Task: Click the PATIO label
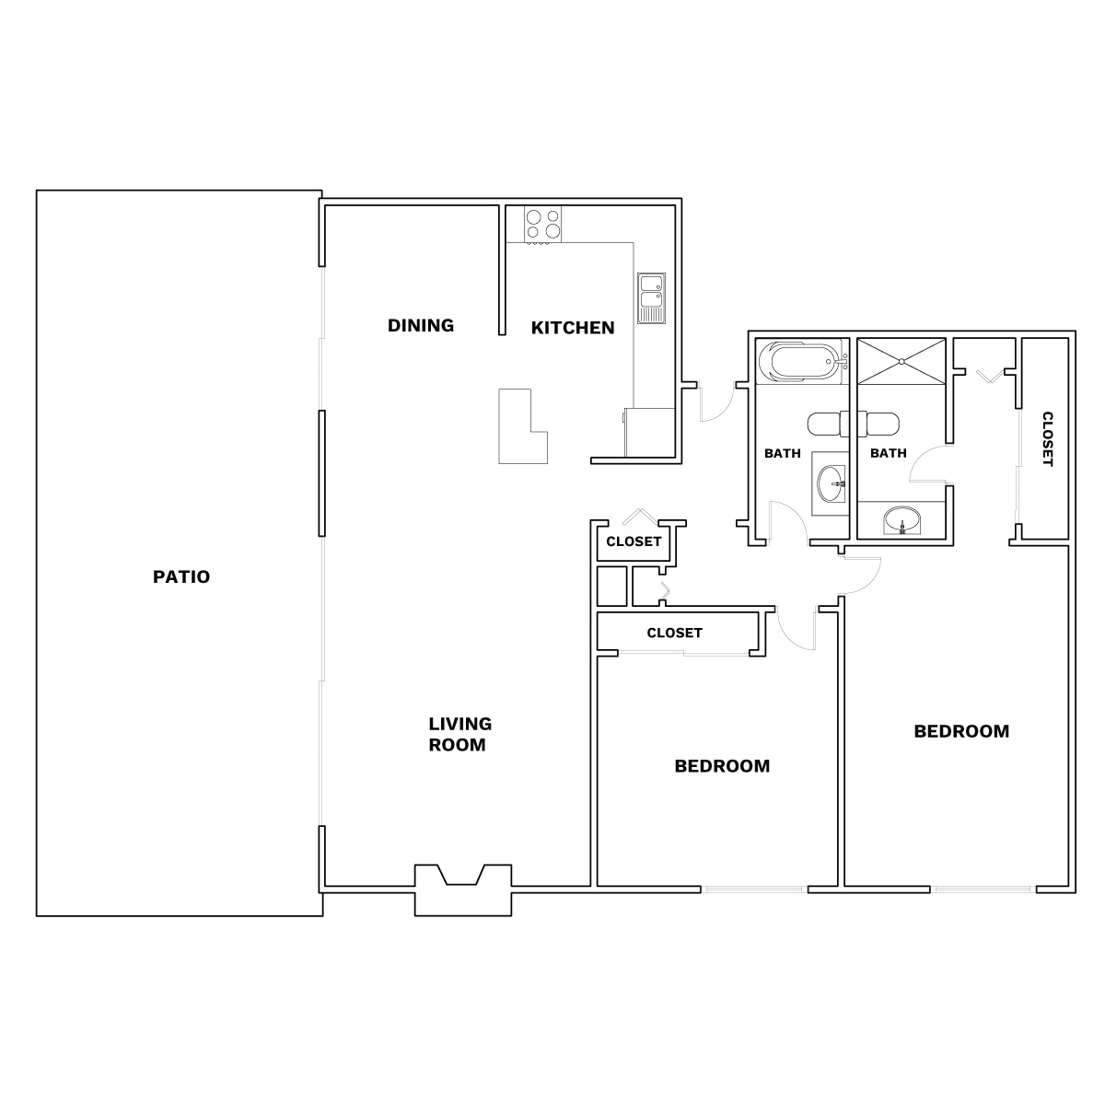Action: click(x=181, y=576)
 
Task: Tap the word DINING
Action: click(x=421, y=326)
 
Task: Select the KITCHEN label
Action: click(x=573, y=328)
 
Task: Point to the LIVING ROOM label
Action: click(x=459, y=734)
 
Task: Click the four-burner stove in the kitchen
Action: click(x=542, y=224)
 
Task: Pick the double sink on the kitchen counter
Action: click(x=651, y=297)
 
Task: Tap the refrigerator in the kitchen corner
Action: click(x=650, y=433)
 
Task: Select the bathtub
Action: click(x=798, y=361)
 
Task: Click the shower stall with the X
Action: click(x=901, y=361)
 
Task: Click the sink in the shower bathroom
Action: click(x=902, y=520)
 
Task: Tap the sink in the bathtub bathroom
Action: click(x=830, y=483)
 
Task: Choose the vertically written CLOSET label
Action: click(x=1048, y=438)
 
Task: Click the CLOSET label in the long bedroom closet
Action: click(x=674, y=633)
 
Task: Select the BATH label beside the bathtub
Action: click(x=782, y=454)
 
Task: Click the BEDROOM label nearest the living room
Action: click(x=722, y=766)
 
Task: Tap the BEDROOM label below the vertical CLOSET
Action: click(x=961, y=731)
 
